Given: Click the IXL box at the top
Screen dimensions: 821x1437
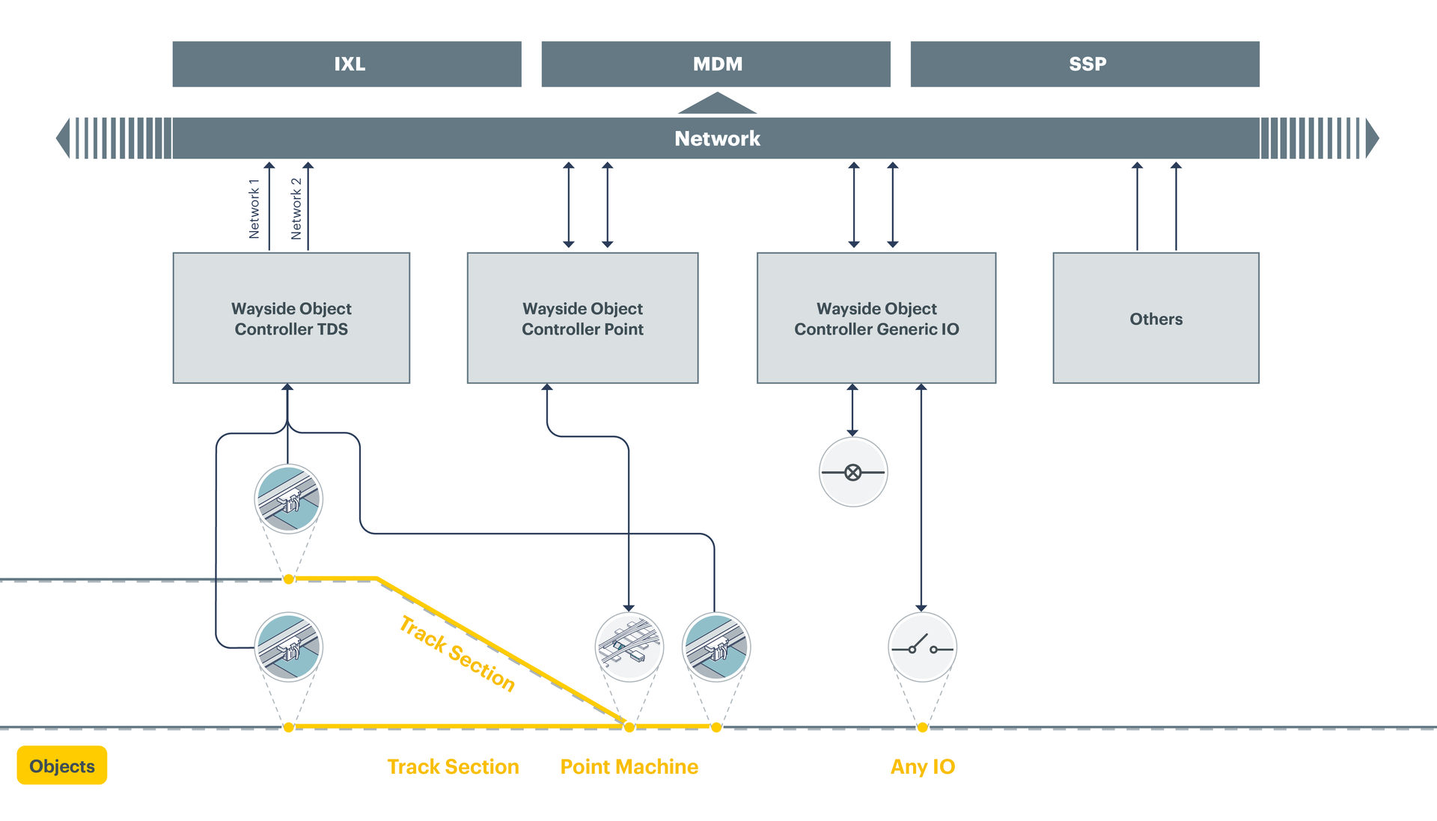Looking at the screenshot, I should pyautogui.click(x=347, y=64).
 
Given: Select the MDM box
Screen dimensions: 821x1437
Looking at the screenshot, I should pyautogui.click(x=716, y=64).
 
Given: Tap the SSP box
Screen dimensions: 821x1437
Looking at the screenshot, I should pyautogui.click(x=1084, y=64).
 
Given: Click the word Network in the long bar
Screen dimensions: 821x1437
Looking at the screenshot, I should pyautogui.click(x=717, y=138).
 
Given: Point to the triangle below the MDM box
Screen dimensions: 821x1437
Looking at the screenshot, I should pyautogui.click(x=717, y=104).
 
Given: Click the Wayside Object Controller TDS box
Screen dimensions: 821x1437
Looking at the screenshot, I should pyautogui.click(x=291, y=318).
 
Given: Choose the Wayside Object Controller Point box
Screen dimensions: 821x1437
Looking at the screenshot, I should pyautogui.click(x=582, y=318).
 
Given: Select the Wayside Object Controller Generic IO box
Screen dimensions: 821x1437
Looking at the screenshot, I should pyautogui.click(x=876, y=318).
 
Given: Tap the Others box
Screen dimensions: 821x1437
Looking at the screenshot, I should pyautogui.click(x=1156, y=318).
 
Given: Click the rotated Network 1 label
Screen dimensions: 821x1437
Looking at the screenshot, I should pyautogui.click(x=254, y=209).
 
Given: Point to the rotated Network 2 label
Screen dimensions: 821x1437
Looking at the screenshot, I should pyautogui.click(x=296, y=209).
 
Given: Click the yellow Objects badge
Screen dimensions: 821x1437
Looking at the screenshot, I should pyautogui.click(x=62, y=766).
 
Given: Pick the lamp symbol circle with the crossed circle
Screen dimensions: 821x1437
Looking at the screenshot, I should pyautogui.click(x=853, y=472).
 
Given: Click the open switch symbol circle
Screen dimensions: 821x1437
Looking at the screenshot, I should pyautogui.click(x=922, y=647).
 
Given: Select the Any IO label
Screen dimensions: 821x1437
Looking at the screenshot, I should pyautogui.click(x=922, y=766).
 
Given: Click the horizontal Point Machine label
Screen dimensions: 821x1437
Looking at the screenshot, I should pyautogui.click(x=629, y=766).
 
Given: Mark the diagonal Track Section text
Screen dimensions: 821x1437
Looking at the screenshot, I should pyautogui.click(x=457, y=653).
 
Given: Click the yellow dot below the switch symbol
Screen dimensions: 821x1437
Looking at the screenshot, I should pyautogui.click(x=922, y=727).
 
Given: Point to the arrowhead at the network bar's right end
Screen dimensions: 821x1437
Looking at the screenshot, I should pyautogui.click(x=1372, y=138).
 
